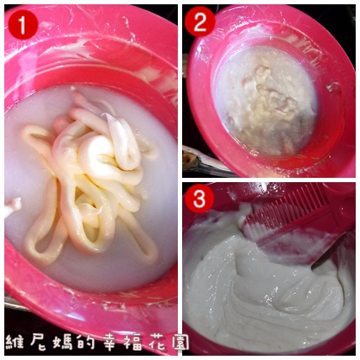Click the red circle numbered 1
[23, 24]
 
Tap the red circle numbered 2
[200, 22]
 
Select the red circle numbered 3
[199, 198]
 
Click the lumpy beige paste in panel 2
[265, 102]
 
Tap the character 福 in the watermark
[134, 344]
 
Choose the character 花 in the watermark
[158, 344]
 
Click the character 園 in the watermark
[181, 343]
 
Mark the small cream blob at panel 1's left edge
[12, 206]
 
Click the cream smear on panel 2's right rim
[334, 88]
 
